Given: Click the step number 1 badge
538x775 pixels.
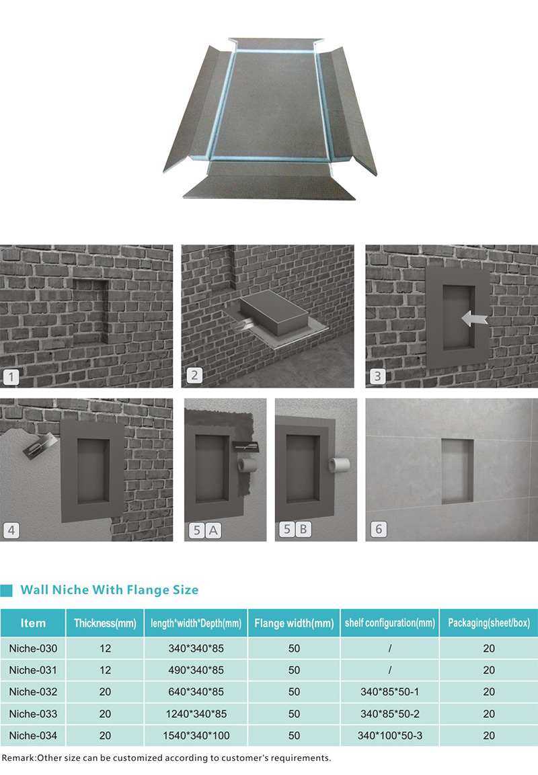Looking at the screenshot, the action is tap(11, 378).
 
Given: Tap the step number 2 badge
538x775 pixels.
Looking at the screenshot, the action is tap(194, 376).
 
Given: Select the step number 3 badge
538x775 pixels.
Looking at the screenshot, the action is tap(378, 376).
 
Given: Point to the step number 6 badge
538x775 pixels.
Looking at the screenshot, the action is tap(379, 530).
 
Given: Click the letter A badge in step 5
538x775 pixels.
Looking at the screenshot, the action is tap(213, 531).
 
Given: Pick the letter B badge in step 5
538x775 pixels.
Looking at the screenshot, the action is tap(303, 530).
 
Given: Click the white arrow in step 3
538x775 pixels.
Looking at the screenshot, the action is tap(474, 319).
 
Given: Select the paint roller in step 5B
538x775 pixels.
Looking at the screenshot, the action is tap(340, 464).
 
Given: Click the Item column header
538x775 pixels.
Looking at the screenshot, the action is tap(33, 623).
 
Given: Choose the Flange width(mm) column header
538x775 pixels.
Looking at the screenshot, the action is tap(295, 623).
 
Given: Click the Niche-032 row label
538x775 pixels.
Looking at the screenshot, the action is tap(33, 692).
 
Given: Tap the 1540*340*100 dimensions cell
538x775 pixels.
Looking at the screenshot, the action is tap(196, 735).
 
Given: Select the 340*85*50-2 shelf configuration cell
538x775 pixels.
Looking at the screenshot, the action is tap(389, 714).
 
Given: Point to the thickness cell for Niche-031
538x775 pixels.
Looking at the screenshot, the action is tap(106, 670).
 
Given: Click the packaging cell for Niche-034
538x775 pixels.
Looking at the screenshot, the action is tap(489, 735).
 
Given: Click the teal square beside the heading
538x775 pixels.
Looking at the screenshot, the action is tap(7, 590).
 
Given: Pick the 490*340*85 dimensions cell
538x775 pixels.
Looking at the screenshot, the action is tap(196, 670).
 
